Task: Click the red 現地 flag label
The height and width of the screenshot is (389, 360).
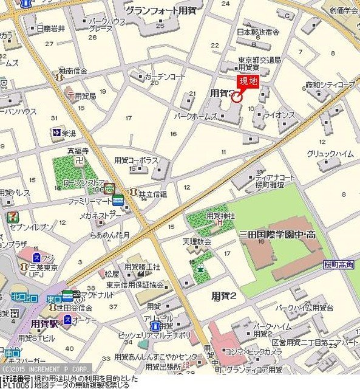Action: (248, 82)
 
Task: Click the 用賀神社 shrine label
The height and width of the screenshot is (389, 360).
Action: (218, 215)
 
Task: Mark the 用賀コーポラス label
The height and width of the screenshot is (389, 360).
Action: (136, 160)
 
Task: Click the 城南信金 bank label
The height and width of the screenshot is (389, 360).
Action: (76, 71)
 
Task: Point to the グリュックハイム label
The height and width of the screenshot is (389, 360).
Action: (330, 154)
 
